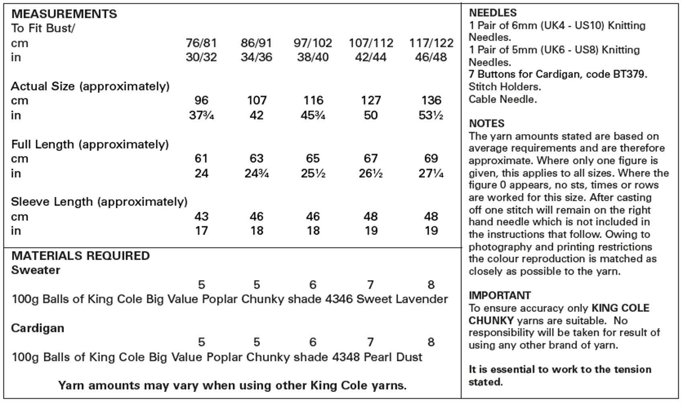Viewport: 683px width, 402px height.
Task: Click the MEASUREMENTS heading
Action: point(64,14)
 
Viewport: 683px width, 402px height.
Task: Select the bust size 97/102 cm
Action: point(313,43)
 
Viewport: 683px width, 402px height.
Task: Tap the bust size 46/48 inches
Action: point(431,57)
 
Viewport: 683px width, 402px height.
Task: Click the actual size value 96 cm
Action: point(201,100)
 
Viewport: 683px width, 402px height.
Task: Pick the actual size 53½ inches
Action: point(431,115)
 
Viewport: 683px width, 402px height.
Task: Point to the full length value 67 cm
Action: point(370,158)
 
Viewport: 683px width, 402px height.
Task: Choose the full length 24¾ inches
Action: point(256,173)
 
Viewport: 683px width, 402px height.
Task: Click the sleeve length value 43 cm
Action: point(201,216)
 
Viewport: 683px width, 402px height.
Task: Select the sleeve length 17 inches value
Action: point(201,231)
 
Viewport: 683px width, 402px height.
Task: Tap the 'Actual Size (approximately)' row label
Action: point(90,86)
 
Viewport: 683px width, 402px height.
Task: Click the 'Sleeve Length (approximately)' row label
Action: point(99,201)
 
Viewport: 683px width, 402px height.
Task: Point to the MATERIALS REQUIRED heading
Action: point(80,256)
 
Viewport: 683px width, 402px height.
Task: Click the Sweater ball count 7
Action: point(370,285)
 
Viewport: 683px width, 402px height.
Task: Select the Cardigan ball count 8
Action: point(431,342)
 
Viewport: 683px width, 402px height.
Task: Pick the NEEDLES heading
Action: point(493,13)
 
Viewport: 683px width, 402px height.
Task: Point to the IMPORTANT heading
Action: point(499,295)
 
